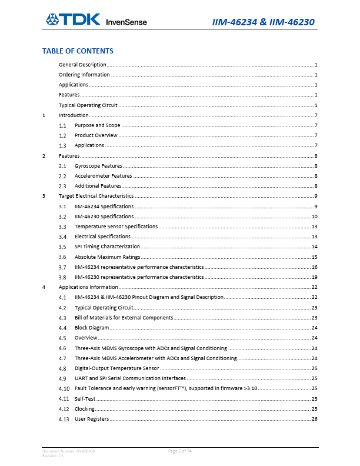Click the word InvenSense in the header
126,22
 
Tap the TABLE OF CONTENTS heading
78,51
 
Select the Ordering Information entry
84,75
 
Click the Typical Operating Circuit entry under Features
88,105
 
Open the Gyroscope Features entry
98,166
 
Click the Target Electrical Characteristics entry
96,195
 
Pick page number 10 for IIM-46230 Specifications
315,217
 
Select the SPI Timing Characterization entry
107,247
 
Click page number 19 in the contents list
315,277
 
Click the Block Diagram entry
92,327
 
